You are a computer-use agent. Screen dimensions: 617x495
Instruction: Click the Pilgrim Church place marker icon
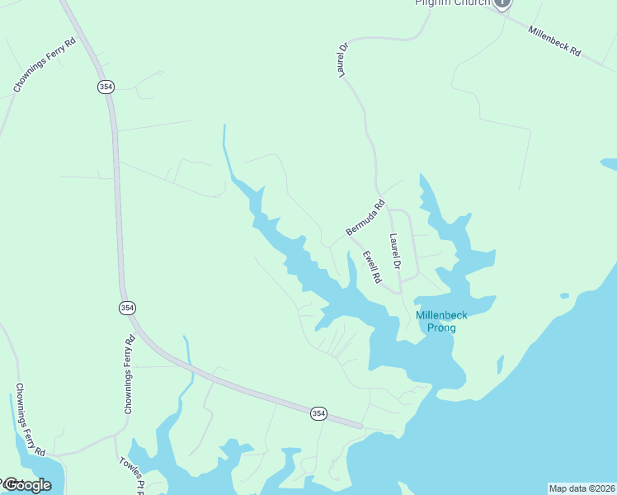coord(502,3)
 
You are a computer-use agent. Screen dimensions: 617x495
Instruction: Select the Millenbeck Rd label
coord(554,42)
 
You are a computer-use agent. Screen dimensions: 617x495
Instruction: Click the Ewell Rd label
coord(372,268)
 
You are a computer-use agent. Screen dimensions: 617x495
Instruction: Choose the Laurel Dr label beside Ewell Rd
coord(395,252)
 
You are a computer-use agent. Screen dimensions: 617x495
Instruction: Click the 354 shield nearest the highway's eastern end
coord(318,412)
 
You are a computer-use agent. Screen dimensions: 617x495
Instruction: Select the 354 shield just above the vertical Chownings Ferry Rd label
coord(126,308)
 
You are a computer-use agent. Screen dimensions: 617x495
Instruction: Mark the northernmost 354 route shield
coord(106,87)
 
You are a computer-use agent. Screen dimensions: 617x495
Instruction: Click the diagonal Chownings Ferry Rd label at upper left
coord(44,64)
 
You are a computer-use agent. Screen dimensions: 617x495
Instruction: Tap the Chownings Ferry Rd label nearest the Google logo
coord(30,420)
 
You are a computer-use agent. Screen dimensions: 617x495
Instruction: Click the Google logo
coord(26,485)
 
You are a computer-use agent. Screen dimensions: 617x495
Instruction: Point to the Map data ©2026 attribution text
coord(582,488)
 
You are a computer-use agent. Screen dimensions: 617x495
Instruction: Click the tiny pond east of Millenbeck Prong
coord(564,295)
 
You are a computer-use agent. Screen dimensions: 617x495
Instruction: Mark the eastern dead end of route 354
coord(360,426)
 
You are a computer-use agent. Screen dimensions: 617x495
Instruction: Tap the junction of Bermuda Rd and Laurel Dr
coord(389,208)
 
